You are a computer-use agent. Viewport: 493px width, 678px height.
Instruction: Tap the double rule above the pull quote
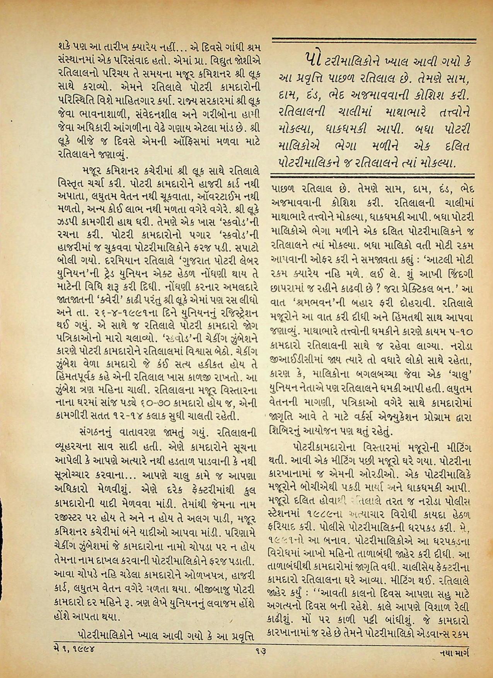tap(374, 39)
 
